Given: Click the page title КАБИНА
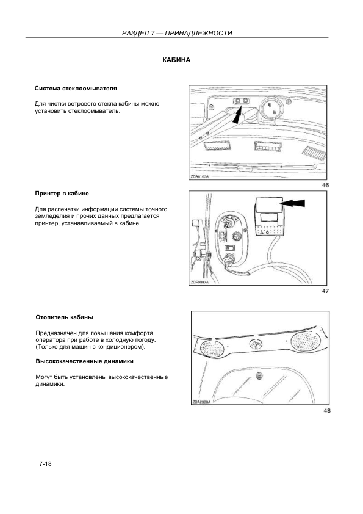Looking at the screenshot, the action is click(x=176, y=60).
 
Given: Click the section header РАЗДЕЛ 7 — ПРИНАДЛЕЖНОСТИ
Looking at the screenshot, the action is click(x=177, y=33).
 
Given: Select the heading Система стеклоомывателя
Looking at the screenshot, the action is click(x=76, y=89).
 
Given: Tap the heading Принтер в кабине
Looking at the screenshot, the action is click(x=62, y=194).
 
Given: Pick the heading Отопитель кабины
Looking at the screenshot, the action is click(x=64, y=317).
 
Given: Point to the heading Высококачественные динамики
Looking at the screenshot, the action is click(x=85, y=361).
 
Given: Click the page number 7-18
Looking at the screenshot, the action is click(x=46, y=464).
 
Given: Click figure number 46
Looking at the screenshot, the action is click(x=325, y=185).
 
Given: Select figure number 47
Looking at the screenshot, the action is click(x=325, y=291).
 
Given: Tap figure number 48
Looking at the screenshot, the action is click(x=326, y=411).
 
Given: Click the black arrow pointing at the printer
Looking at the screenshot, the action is click(x=293, y=203).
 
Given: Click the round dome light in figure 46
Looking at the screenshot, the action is click(x=273, y=109).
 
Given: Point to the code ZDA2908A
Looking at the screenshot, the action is click(x=201, y=402).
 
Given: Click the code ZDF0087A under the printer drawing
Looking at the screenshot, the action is click(x=199, y=282).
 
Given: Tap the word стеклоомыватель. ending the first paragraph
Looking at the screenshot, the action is click(x=95, y=111).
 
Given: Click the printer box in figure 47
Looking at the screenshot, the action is click(x=268, y=217).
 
